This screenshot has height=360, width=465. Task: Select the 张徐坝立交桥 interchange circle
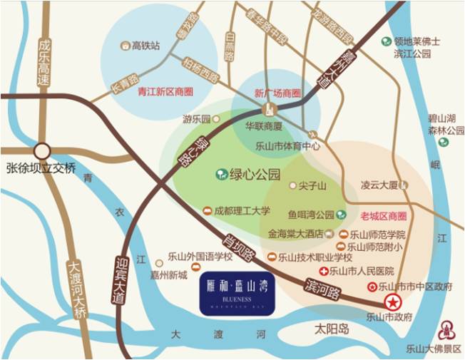tap(42, 151)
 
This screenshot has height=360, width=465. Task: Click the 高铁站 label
tap(145, 46)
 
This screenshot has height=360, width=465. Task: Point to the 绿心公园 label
tap(255, 173)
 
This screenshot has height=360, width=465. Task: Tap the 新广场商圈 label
tap(277, 93)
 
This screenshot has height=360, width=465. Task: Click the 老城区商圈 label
tap(383, 216)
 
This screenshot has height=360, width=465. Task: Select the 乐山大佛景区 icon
tap(448, 329)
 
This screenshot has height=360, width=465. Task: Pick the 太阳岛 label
tap(334, 329)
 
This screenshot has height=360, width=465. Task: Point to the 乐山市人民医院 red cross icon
tap(324, 272)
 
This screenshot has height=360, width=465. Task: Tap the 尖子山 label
tap(312, 186)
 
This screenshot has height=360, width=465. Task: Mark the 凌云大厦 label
tap(379, 185)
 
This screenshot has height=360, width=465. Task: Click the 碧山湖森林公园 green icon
tap(444, 142)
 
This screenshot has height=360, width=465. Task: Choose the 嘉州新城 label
tap(171, 274)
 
